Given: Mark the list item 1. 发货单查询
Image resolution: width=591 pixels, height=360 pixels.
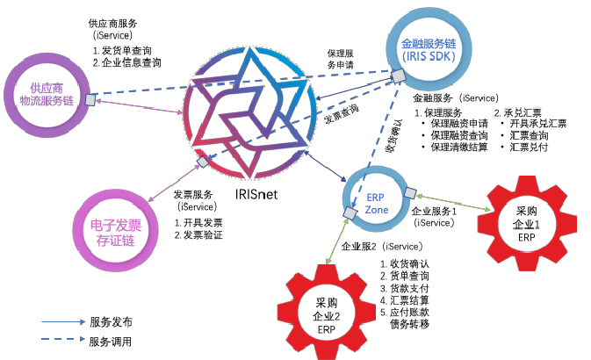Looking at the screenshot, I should point(127,50).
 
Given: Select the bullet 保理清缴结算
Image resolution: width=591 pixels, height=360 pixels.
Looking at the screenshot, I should point(456,148).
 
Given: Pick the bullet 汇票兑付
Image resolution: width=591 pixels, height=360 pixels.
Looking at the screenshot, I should point(526,148).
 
